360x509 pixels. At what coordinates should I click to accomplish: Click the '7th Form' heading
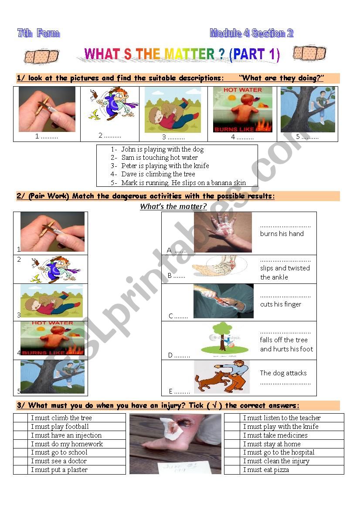38,33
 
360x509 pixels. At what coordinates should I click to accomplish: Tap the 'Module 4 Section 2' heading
251,33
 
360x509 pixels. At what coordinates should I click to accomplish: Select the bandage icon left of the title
41,56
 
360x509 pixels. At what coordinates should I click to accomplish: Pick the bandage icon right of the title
309,54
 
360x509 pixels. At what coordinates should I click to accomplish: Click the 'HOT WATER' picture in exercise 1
242,109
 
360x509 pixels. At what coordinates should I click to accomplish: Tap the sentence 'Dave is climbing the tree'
158,174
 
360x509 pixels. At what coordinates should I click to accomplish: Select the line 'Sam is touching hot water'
159,158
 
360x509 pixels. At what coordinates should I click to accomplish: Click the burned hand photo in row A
223,232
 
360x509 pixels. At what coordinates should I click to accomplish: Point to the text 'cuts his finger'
281,304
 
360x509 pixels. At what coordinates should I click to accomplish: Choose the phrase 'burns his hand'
282,234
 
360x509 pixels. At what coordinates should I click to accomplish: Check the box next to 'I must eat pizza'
233,470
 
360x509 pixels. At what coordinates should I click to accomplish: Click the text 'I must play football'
60,427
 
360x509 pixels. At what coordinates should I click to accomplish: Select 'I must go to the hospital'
278,452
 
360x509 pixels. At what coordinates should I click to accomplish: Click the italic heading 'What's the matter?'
173,206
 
